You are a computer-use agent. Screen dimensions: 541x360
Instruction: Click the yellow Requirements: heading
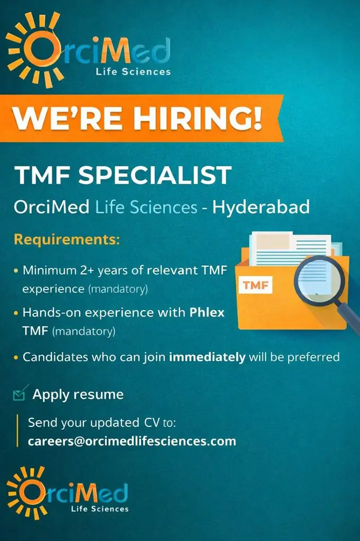tap(67, 240)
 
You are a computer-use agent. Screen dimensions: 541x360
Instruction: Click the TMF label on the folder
tap(255, 286)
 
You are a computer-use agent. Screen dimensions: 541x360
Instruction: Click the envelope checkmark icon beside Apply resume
tap(20, 394)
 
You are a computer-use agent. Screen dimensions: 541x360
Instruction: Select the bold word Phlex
tap(207, 313)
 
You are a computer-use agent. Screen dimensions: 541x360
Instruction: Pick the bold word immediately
tap(207, 357)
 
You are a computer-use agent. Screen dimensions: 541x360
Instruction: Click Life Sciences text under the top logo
tap(133, 71)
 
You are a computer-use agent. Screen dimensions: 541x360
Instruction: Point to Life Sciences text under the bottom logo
tap(100, 509)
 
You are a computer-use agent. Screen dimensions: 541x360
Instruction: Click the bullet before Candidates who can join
tap(16, 358)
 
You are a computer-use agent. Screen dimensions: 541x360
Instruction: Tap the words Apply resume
tap(78, 394)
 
